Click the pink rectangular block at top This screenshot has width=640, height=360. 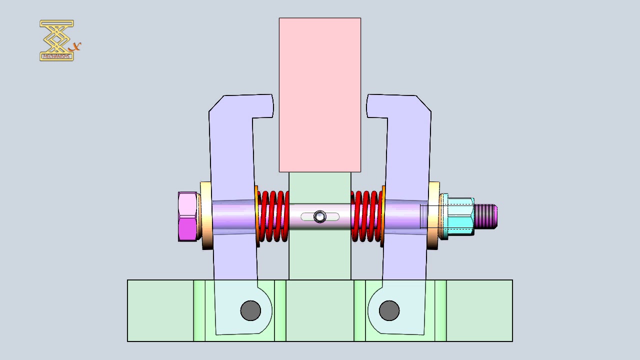pyautogui.click(x=320, y=95)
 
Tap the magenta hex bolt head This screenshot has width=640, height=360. pyautogui.click(x=187, y=216)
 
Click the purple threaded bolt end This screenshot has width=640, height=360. pyautogui.click(x=486, y=216)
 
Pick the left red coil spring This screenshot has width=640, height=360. pyautogui.click(x=273, y=216)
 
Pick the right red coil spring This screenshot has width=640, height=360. pyautogui.click(x=366, y=216)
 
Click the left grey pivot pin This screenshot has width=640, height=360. pyautogui.click(x=250, y=310)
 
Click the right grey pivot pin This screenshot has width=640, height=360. pyautogui.click(x=389, y=310)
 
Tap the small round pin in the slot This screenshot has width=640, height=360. pyautogui.click(x=320, y=216)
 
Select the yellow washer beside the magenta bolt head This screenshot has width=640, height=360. pyautogui.click(x=206, y=216)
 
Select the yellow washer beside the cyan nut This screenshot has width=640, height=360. pyautogui.click(x=433, y=216)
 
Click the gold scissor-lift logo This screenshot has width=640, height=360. pyautogui.click(x=56, y=40)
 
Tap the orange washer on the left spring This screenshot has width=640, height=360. pyautogui.click(x=257, y=216)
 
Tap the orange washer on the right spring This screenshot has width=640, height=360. pyautogui.click(x=383, y=216)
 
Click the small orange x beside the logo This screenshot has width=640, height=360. pyautogui.click(x=76, y=47)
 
